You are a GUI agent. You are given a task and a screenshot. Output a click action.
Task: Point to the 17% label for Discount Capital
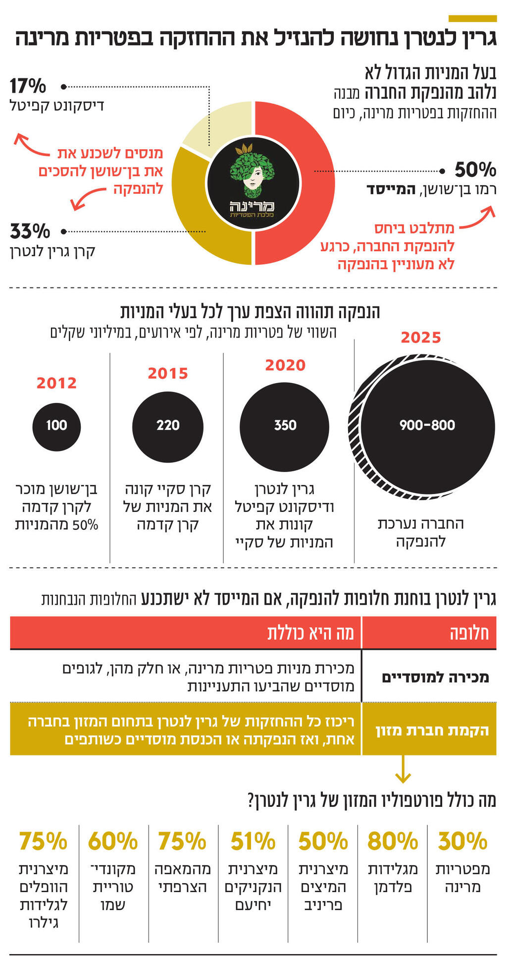pyautogui.click(x=28, y=86)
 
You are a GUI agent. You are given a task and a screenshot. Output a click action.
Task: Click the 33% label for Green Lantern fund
pyautogui.click(x=30, y=231)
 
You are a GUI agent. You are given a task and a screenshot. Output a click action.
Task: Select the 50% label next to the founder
pyautogui.click(x=475, y=170)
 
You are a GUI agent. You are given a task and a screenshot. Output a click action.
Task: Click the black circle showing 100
pyautogui.click(x=56, y=425)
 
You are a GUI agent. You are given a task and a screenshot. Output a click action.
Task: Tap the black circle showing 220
pyautogui.click(x=168, y=425)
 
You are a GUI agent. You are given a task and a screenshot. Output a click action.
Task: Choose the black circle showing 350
pyautogui.click(x=285, y=425)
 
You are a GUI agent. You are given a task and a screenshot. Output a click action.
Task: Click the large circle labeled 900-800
pyautogui.click(x=427, y=425)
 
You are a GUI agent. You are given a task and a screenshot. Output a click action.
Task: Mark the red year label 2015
pyautogui.click(x=168, y=373)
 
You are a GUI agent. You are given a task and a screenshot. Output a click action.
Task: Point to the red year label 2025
pyautogui.click(x=421, y=338)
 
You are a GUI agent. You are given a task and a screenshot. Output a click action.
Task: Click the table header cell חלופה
pyautogui.click(x=468, y=633)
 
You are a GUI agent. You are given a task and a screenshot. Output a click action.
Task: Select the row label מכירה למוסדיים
pyautogui.click(x=435, y=677)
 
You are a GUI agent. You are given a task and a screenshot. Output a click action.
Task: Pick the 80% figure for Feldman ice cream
pyautogui.click(x=393, y=841)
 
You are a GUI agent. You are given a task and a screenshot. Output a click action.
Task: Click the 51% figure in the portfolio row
pyautogui.click(x=253, y=841)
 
